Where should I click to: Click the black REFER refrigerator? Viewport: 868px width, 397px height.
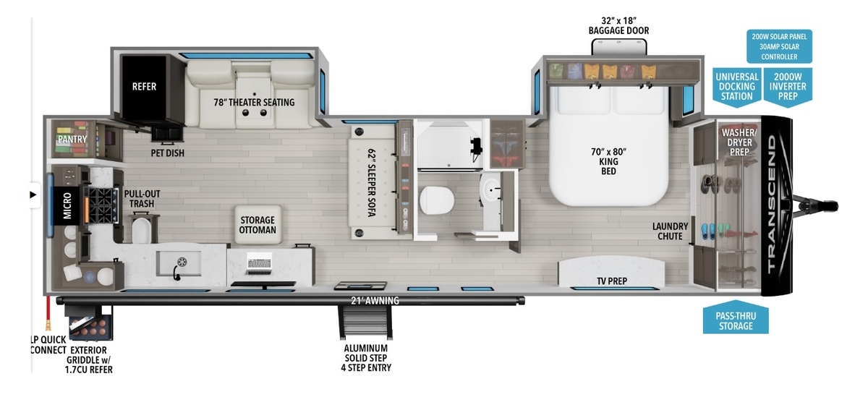coord(144,87)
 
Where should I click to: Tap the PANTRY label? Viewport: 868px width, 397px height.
coord(72,139)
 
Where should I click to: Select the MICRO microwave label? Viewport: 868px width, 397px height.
coord(67,205)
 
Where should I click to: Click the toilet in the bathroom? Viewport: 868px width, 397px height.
coord(437,200)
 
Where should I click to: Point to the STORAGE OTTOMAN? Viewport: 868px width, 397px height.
coord(258,225)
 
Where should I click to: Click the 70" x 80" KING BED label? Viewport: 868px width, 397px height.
coord(608,161)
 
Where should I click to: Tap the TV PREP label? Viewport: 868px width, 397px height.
coord(612,281)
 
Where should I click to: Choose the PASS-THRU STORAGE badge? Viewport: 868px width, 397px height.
coord(736,318)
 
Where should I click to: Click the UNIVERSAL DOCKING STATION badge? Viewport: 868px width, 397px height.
coord(736,87)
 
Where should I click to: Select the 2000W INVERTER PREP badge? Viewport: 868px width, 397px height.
coord(788,87)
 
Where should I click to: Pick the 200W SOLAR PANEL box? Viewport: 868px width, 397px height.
coord(779,46)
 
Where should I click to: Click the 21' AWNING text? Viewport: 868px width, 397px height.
coord(375,301)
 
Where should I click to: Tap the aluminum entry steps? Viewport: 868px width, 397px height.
coord(365,322)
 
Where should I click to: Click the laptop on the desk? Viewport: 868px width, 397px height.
coord(259,263)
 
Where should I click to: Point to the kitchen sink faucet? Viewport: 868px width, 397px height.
coord(176,272)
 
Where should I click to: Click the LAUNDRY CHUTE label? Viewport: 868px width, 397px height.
coord(670,231)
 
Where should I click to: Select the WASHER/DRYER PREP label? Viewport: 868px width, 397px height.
coord(739,142)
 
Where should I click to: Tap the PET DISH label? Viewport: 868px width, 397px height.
coord(167,153)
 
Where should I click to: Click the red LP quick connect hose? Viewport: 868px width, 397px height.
coord(48,313)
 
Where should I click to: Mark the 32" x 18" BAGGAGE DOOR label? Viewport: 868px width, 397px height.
coord(618,25)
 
